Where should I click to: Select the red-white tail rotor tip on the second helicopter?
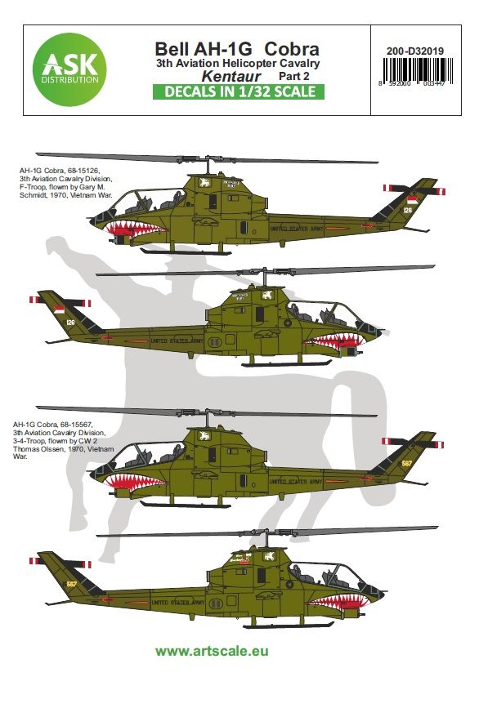click(38, 300)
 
